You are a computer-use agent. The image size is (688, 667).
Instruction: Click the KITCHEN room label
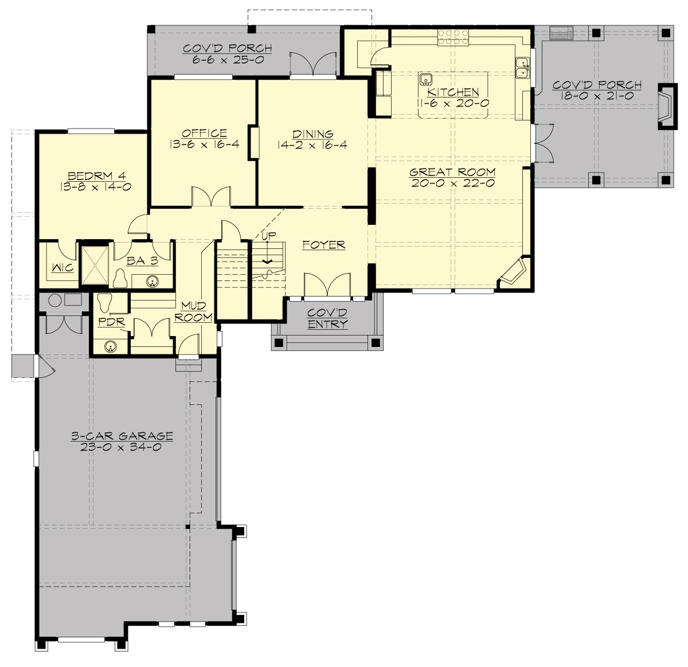coord(453,92)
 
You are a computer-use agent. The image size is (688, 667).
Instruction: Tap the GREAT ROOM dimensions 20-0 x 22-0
coord(453,184)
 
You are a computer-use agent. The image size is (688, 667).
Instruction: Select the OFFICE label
coord(204,133)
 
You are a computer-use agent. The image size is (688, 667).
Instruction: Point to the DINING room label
coord(312,134)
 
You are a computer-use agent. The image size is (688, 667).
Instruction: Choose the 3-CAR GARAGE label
coord(122,436)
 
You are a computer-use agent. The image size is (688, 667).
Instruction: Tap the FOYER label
coord(324,245)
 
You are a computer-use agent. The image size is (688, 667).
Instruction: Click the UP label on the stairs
coord(268,235)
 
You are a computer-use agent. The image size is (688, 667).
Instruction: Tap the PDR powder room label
coord(111,322)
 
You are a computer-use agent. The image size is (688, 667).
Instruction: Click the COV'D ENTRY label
coord(327,318)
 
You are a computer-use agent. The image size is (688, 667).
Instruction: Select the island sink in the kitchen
coord(425,79)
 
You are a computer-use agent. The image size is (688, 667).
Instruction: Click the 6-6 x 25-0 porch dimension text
coord(228,60)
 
